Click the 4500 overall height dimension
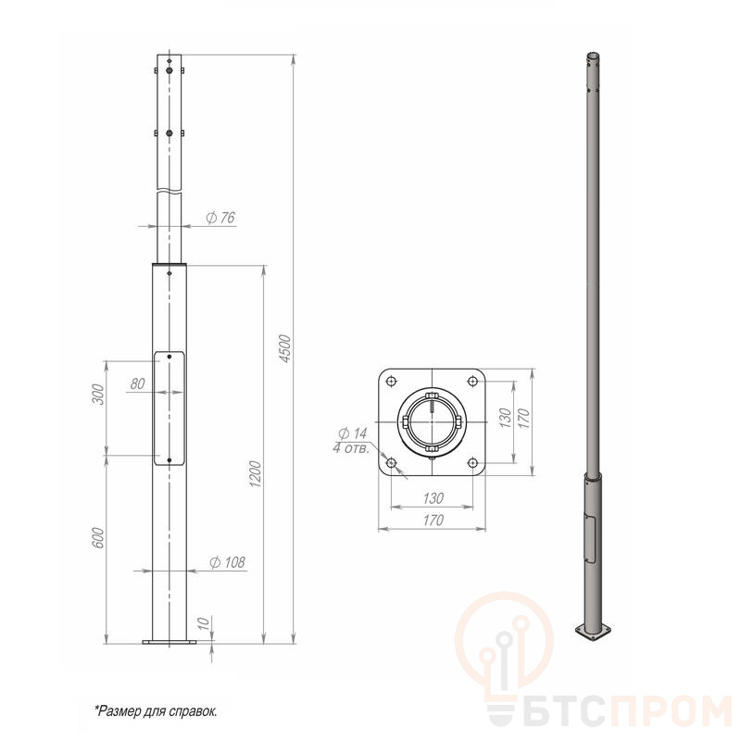[x=285, y=349]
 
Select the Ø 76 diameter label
[x=220, y=218]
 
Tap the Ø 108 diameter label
[x=227, y=562]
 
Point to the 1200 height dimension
[x=256, y=474]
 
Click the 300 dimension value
[x=97, y=395]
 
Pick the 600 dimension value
[x=97, y=538]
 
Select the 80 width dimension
[x=137, y=383]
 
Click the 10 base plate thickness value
[x=203, y=623]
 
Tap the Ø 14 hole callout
[x=353, y=433]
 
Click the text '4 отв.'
[x=351, y=448]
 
